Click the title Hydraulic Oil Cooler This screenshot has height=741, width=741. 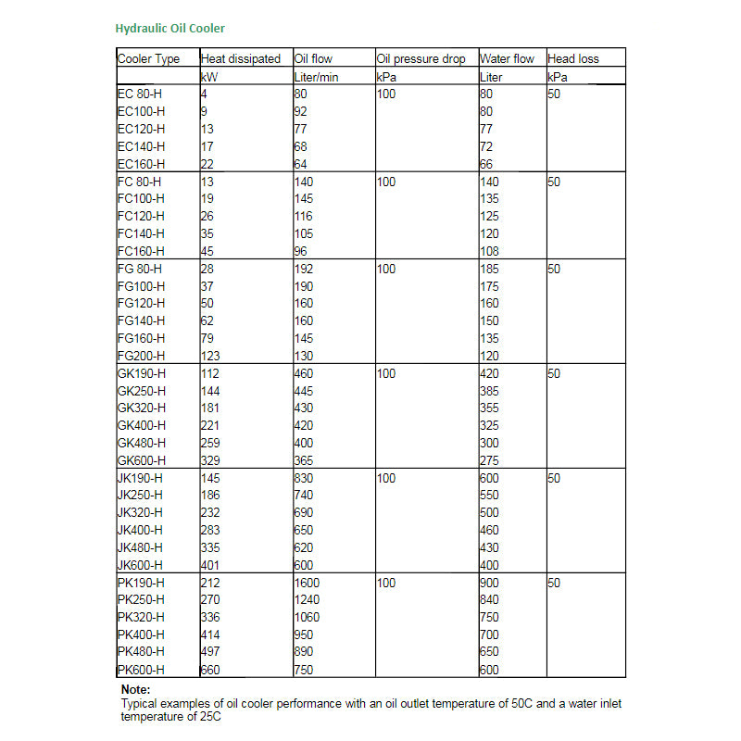pos(170,29)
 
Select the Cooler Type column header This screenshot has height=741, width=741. pos(149,59)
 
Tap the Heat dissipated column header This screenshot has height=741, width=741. pos(241,59)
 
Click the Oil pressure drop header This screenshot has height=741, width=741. pos(421,59)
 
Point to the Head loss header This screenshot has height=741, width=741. pos(573,59)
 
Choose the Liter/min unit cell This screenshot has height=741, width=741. pos(316,77)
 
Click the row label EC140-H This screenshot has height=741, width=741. pos(142,146)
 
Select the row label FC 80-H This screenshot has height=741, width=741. pos(140,182)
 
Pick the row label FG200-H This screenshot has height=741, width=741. pos(142,356)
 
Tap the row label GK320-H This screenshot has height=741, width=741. pos(142,408)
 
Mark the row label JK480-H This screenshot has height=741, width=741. pos(142,547)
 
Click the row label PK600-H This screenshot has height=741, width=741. pos(142,670)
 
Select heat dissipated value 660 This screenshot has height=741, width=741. pos(211,670)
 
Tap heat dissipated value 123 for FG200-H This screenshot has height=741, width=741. pos(211,356)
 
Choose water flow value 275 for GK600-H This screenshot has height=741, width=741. pos(489,460)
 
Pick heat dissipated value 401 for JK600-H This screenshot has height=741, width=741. pos(211,565)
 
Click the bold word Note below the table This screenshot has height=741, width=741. pos(136,690)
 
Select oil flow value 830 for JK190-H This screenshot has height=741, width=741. pos(304,478)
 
